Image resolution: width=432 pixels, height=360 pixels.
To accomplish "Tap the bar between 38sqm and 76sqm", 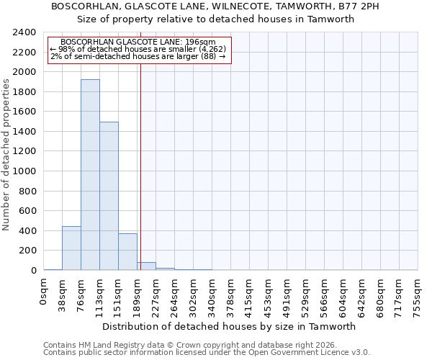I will coord(71,248).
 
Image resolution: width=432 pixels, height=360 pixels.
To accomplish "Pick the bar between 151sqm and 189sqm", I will coord(127,252).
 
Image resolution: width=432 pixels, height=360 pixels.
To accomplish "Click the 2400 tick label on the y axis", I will coord(24,33).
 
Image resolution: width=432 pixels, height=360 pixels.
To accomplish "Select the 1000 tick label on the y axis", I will coord(24,172).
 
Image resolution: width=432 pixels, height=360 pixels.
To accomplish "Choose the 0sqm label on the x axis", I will coord(44,292).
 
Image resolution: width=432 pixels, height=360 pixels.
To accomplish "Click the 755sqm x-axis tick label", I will coord(418,295).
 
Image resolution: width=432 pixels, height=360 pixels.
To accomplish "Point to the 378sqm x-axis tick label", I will coord(230,295).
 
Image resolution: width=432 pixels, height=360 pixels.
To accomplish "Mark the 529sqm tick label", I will coord(305,295).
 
